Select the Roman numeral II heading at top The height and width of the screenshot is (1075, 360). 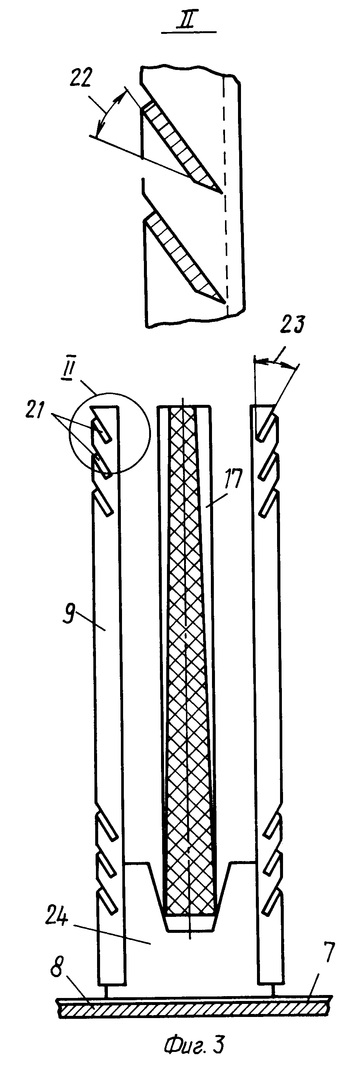click(x=189, y=20)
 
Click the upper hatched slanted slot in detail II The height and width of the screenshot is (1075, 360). click(x=179, y=144)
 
